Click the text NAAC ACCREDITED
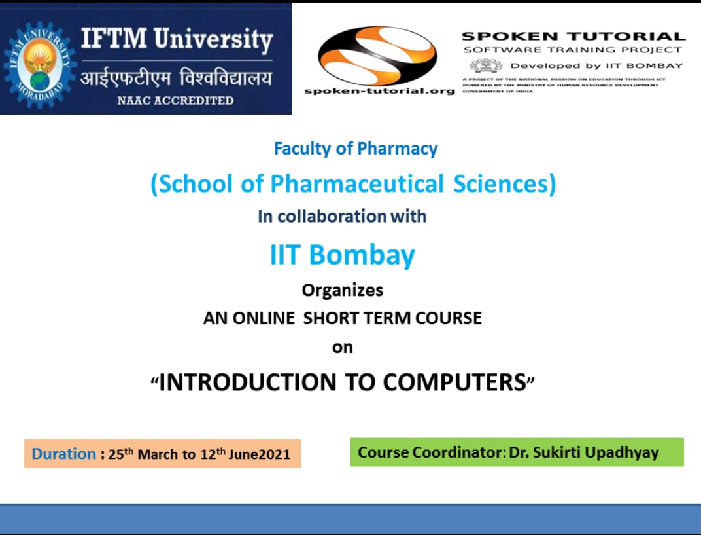pyautogui.click(x=175, y=100)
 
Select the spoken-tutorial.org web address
pyautogui.click(x=379, y=91)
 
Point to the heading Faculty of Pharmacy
pyautogui.click(x=356, y=149)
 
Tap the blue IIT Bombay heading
pyautogui.click(x=342, y=254)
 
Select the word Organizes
pyautogui.click(x=342, y=289)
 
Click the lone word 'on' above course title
pyautogui.click(x=342, y=348)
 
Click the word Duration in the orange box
pyautogui.click(x=64, y=454)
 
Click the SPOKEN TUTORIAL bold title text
pyautogui.click(x=573, y=37)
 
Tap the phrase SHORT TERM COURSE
pyautogui.click(x=392, y=318)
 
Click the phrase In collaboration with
pyautogui.click(x=342, y=216)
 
